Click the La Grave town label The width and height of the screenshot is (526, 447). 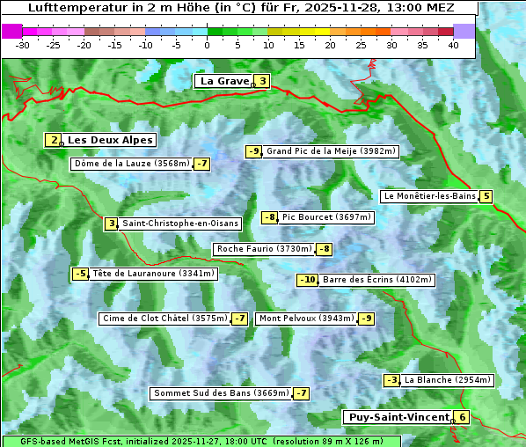[224, 81]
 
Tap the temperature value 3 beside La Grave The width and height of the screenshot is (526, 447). [262, 81]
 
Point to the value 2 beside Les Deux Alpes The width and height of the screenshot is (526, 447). [55, 140]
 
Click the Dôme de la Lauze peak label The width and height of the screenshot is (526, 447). [132, 164]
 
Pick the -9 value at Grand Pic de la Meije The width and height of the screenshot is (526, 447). [253, 151]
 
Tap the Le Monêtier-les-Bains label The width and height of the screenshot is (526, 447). [429, 196]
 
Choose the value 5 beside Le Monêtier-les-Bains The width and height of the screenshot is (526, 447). [486, 196]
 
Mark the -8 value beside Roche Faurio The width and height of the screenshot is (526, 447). [325, 249]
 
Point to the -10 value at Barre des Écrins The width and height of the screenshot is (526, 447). [307, 280]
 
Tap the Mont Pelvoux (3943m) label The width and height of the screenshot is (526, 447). [306, 319]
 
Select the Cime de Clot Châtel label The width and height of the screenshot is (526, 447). [164, 319]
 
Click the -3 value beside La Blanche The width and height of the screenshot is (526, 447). [391, 380]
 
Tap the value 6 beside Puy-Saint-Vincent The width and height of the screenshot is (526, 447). [462, 417]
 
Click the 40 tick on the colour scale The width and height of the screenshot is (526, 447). [453, 44]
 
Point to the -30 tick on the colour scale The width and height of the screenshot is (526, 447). [23, 44]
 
